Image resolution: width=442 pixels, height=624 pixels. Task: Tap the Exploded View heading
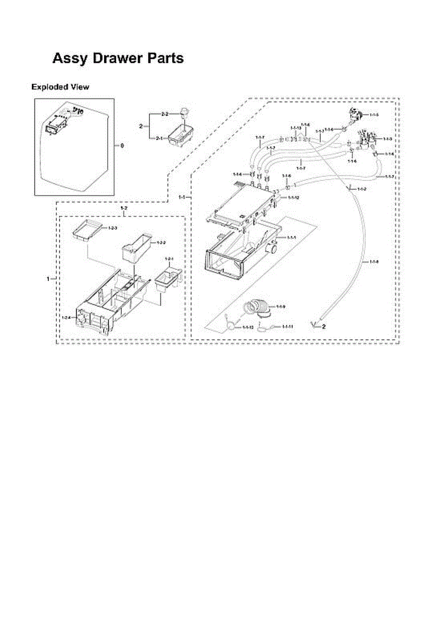tap(60, 87)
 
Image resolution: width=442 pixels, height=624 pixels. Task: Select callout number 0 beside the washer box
tap(122, 146)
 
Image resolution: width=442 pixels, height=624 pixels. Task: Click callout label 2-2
tap(165, 113)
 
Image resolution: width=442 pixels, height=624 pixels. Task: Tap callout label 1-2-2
tap(161, 243)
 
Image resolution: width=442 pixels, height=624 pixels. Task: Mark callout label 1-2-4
tap(66, 317)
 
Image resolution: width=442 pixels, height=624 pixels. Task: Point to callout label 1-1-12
tap(293, 198)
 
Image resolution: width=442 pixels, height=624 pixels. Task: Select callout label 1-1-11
tap(287, 327)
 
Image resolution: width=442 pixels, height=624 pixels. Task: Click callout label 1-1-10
tap(247, 328)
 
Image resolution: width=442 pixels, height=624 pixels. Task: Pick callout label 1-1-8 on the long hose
tap(374, 261)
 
